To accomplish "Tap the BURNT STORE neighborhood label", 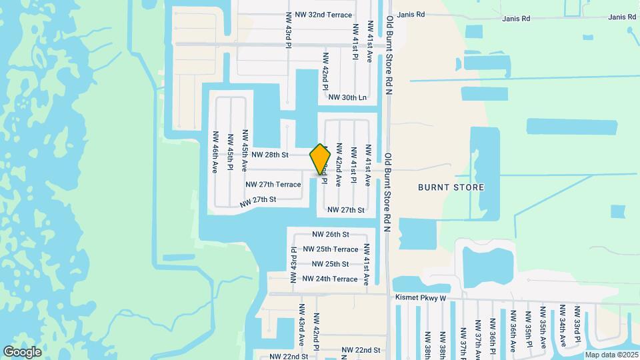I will (451, 187).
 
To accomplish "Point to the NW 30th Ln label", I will (347, 97).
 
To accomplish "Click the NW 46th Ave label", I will (215, 147).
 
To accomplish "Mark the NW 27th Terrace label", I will (273, 184).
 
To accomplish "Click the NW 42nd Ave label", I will (339, 164).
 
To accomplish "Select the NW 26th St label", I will (331, 235).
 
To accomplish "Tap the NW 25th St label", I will (331, 264).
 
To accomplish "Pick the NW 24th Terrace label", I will (330, 279).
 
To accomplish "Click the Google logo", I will (23, 351).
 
